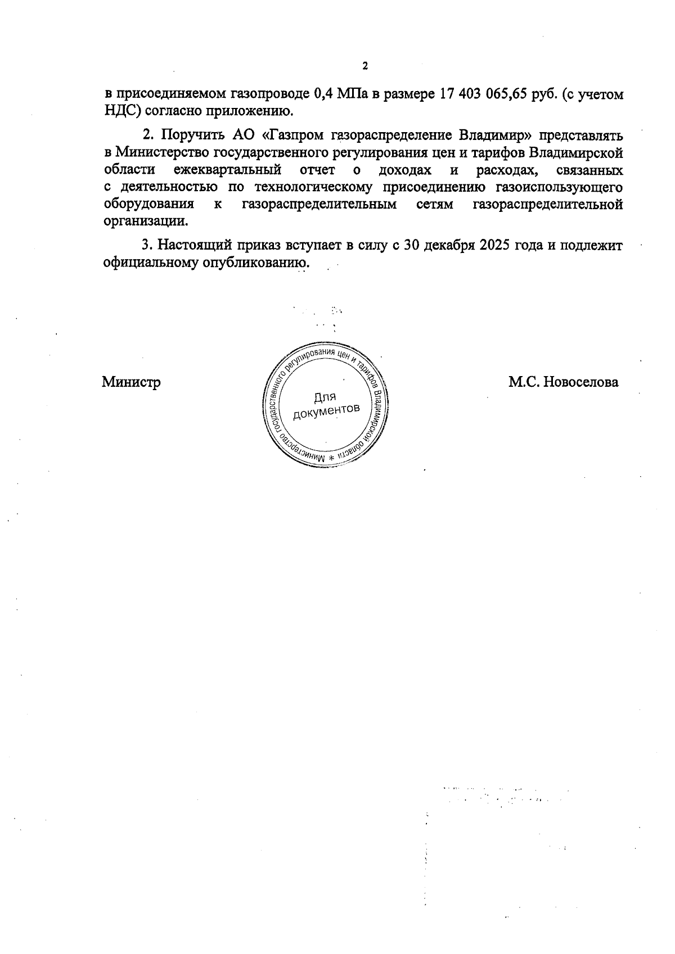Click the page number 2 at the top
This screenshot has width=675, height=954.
[364, 66]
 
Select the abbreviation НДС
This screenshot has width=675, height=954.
[119, 111]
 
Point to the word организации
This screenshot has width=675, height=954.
[145, 221]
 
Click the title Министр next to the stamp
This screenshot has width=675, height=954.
[131, 382]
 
